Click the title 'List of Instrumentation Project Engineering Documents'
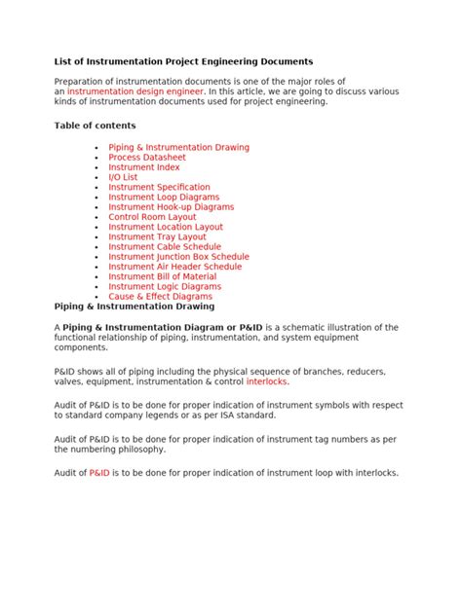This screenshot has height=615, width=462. pos(183,61)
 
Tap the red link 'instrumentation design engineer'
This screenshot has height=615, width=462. pos(135,90)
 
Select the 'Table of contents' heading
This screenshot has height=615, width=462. pos(95,126)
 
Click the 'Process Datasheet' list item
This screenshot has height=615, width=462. pos(147,158)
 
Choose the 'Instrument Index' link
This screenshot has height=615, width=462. pos(144,167)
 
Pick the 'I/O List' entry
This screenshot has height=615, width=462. pos(123,177)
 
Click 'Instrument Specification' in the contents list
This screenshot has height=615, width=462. pos(159,187)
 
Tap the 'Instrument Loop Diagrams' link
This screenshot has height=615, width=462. pos(165,197)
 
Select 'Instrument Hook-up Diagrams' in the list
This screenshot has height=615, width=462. pos(171,207)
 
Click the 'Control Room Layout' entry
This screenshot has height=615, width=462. pos(152,217)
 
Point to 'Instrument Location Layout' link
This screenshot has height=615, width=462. pos(166,227)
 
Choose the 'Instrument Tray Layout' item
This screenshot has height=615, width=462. pos(157,236)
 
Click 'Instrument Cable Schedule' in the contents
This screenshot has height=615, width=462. pos(165,247)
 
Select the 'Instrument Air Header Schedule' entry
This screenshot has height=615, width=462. pos(174,267)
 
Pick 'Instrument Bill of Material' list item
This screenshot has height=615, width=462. pos(164,276)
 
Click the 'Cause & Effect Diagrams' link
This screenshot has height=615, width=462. pos(160,297)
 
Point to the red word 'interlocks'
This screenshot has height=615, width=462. pos(267,381)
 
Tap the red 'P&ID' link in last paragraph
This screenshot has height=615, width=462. pos(99,473)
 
